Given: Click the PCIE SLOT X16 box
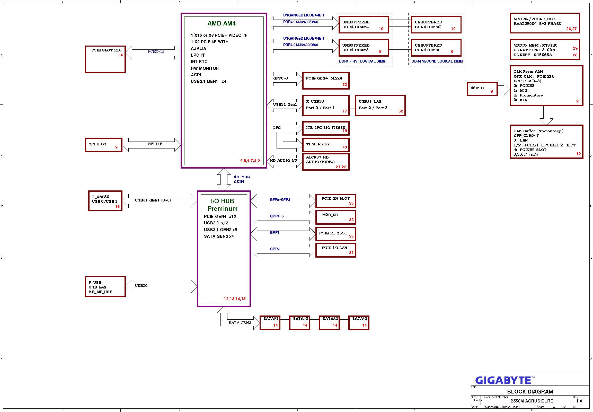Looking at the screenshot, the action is (x=105, y=59).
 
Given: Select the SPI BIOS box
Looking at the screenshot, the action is (x=103, y=145).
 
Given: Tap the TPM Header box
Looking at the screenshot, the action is (x=326, y=145).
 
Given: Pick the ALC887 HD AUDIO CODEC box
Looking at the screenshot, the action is (x=326, y=162).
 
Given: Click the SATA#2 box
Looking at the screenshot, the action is (x=329, y=322).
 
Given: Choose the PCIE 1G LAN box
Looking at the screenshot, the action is (x=336, y=250).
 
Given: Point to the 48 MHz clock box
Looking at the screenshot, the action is (x=482, y=89).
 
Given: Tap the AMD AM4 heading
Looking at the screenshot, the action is (x=222, y=23).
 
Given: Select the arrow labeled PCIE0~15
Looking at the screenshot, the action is (x=156, y=53).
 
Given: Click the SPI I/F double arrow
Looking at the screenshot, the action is (x=152, y=145).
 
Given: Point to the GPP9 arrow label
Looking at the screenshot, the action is (x=275, y=249).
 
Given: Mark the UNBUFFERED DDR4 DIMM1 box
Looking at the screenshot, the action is (x=436, y=48).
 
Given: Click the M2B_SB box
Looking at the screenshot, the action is (x=336, y=217).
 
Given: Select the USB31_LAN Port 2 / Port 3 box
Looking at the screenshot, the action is (x=380, y=105).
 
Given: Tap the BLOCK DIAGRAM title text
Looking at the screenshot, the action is (x=530, y=392).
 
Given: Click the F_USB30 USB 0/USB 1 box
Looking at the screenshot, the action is (x=105, y=201).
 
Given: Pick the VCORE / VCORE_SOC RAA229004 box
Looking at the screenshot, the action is (x=545, y=23).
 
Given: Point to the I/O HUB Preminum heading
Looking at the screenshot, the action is (x=223, y=205).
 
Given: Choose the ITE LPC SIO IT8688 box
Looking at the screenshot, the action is (x=326, y=128).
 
